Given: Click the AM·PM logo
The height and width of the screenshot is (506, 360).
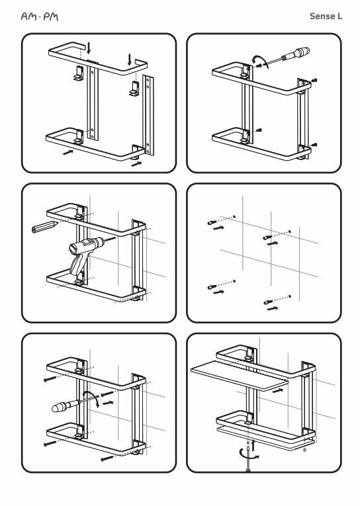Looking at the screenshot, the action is (x=40, y=17).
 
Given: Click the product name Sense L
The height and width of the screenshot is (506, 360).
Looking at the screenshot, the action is (x=326, y=16).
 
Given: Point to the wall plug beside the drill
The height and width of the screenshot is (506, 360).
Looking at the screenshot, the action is (x=44, y=226).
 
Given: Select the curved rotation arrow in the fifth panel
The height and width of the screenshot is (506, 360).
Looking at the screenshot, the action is (x=91, y=397).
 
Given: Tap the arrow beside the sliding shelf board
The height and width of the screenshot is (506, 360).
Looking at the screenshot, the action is (x=278, y=390).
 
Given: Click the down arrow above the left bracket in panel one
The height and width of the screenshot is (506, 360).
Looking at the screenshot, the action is (x=89, y=48).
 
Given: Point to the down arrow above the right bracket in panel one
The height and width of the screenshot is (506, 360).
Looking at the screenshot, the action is (x=130, y=60).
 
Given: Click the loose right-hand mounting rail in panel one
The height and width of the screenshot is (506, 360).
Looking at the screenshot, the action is (x=148, y=115).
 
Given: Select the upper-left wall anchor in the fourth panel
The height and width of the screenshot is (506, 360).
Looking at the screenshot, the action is (x=212, y=222).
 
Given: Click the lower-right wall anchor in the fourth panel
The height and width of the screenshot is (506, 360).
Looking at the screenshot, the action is (x=268, y=302).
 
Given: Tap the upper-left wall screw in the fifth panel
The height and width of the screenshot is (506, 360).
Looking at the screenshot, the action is (x=50, y=379).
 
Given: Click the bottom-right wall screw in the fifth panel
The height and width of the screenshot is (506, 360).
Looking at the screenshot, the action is (x=107, y=458).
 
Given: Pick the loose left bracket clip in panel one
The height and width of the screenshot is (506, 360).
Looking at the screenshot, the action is (x=78, y=73).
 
